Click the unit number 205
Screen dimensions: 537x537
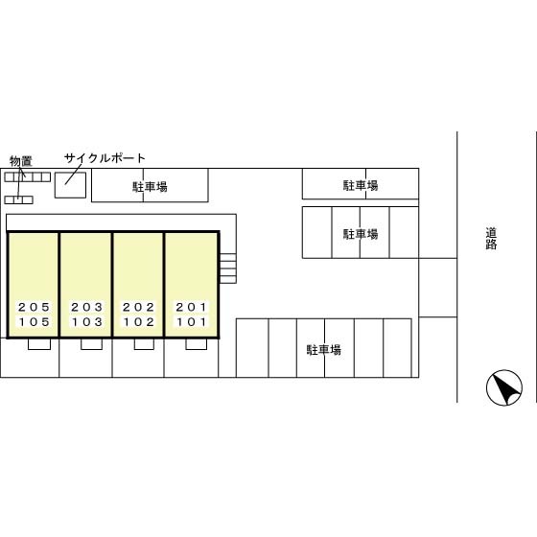[34, 307]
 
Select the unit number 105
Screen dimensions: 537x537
[34, 322]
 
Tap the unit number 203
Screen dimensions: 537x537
[86, 307]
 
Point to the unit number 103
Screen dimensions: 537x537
[86, 322]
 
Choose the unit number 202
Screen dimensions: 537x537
[138, 307]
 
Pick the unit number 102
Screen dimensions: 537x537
[138, 322]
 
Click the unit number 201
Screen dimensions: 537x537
[191, 307]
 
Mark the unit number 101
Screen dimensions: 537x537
[191, 322]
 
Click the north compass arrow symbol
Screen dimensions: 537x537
[504, 387]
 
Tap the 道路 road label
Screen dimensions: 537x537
[491, 239]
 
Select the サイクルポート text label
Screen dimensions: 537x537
[105, 158]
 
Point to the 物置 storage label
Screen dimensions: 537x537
[21, 161]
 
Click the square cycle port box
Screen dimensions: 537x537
[70, 185]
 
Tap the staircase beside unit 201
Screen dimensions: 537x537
[228, 268]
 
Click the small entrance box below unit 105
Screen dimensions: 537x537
[39, 344]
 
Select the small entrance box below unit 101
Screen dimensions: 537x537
[197, 344]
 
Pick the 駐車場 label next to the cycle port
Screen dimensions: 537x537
[150, 187]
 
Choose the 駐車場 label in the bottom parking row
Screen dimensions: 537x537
[324, 350]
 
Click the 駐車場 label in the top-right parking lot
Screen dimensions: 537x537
[361, 185]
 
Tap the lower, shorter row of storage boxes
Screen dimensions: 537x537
[18, 199]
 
